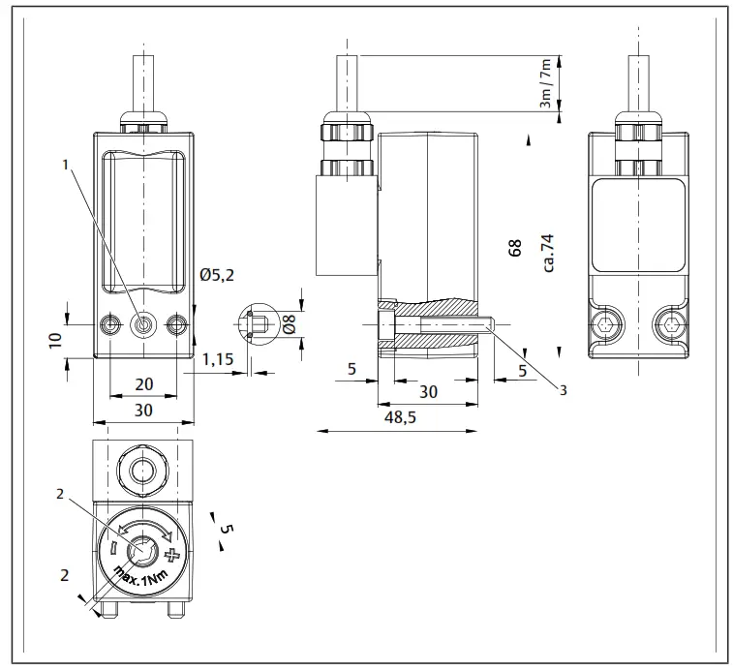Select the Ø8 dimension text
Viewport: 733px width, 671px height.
[x=288, y=325]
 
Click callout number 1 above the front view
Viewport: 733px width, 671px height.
[x=66, y=165]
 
